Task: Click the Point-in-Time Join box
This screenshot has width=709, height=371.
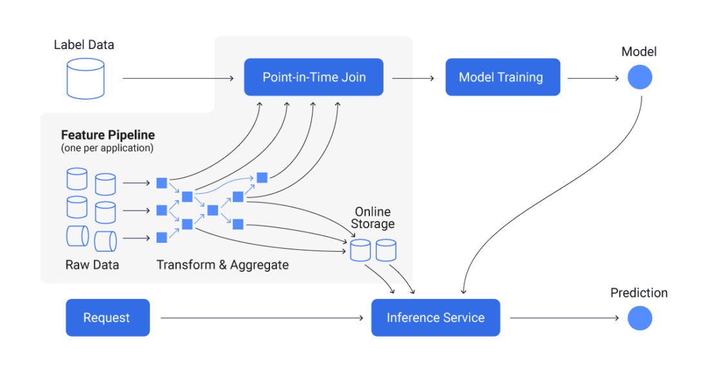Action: point(313,77)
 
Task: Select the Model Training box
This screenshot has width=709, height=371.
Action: point(503,77)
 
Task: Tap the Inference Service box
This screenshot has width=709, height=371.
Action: point(435,318)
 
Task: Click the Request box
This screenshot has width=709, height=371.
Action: point(107,318)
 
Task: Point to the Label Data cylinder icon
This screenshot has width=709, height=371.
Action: point(86,79)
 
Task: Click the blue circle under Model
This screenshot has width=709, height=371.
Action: point(639,78)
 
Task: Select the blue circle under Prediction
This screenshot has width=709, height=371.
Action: point(639,318)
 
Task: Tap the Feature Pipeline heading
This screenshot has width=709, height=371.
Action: point(108,135)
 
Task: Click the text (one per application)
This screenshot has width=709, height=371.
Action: point(107,147)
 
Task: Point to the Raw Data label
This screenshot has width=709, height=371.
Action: point(92,265)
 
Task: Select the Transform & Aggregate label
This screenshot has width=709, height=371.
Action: point(222,265)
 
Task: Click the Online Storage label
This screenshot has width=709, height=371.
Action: point(373,218)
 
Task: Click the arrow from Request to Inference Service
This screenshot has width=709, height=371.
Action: point(258,318)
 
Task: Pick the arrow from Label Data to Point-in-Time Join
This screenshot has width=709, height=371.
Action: point(174,79)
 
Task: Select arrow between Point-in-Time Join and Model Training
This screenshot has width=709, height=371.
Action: point(413,79)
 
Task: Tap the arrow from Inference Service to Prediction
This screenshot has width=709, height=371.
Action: point(561,318)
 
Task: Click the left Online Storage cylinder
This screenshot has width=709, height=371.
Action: point(360,250)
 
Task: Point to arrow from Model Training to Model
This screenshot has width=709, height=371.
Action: point(591,79)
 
